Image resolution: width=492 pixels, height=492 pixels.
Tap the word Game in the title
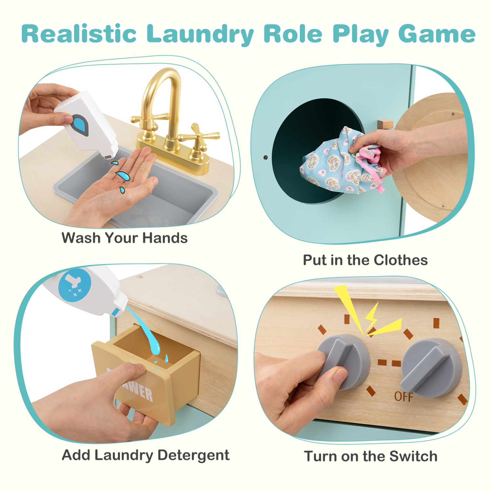437,34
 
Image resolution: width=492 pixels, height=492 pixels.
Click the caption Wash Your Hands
124,238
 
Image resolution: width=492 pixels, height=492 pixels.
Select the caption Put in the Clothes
365,260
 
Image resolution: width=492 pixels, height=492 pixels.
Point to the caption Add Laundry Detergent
146,455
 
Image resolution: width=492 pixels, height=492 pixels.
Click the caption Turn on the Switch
371,456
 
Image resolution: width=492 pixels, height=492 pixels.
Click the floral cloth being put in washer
331,164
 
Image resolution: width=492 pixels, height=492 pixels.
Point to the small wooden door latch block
385,124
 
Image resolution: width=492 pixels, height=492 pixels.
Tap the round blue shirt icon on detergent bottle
75,284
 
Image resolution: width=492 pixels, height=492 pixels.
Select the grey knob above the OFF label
431,366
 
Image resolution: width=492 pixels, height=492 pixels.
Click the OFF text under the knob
403,397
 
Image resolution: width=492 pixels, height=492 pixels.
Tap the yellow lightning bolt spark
372,317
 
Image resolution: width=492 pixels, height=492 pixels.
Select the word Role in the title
293,34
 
